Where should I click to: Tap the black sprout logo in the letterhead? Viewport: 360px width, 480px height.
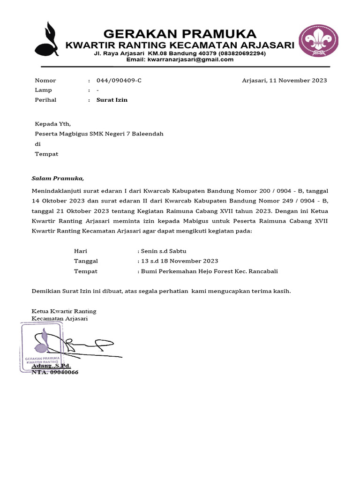pos(47,39)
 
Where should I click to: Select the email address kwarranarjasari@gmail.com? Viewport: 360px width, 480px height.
pos(190,60)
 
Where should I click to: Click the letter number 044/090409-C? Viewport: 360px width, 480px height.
pos(119,80)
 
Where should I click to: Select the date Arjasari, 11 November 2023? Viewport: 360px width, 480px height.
pos(284,80)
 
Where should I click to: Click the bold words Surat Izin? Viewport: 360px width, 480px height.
pos(112,100)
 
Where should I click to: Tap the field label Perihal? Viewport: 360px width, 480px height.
pos(45,100)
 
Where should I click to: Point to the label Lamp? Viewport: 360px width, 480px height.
pos(44,90)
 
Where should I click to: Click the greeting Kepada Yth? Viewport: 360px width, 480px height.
pos(53,124)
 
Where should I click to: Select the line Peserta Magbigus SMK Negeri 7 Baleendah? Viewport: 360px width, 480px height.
pos(99,134)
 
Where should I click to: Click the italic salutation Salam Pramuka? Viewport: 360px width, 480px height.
pos(58,179)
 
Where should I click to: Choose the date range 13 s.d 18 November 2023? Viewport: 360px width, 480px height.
pos(178,261)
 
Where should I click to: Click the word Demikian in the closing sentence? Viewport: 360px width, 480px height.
pos(46,291)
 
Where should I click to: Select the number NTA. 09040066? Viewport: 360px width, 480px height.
pos(55,372)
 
